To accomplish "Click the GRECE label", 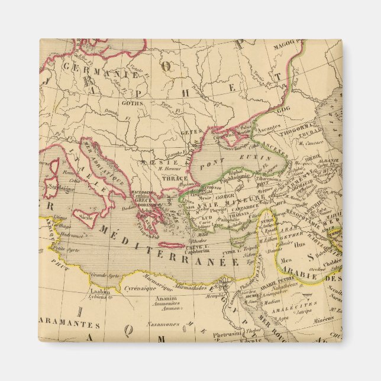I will click(145, 199).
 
